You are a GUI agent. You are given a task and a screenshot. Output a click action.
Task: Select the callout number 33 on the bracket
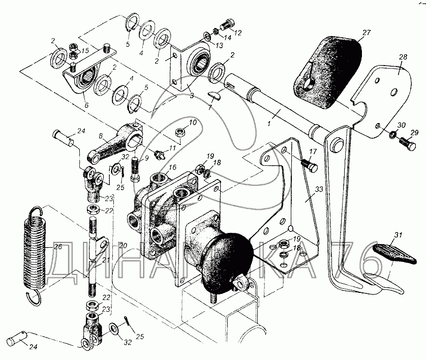pos(319,190)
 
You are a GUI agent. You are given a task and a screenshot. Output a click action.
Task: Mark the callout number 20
pos(121,245)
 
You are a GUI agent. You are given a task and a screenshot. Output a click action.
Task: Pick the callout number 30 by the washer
pos(401,126)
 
